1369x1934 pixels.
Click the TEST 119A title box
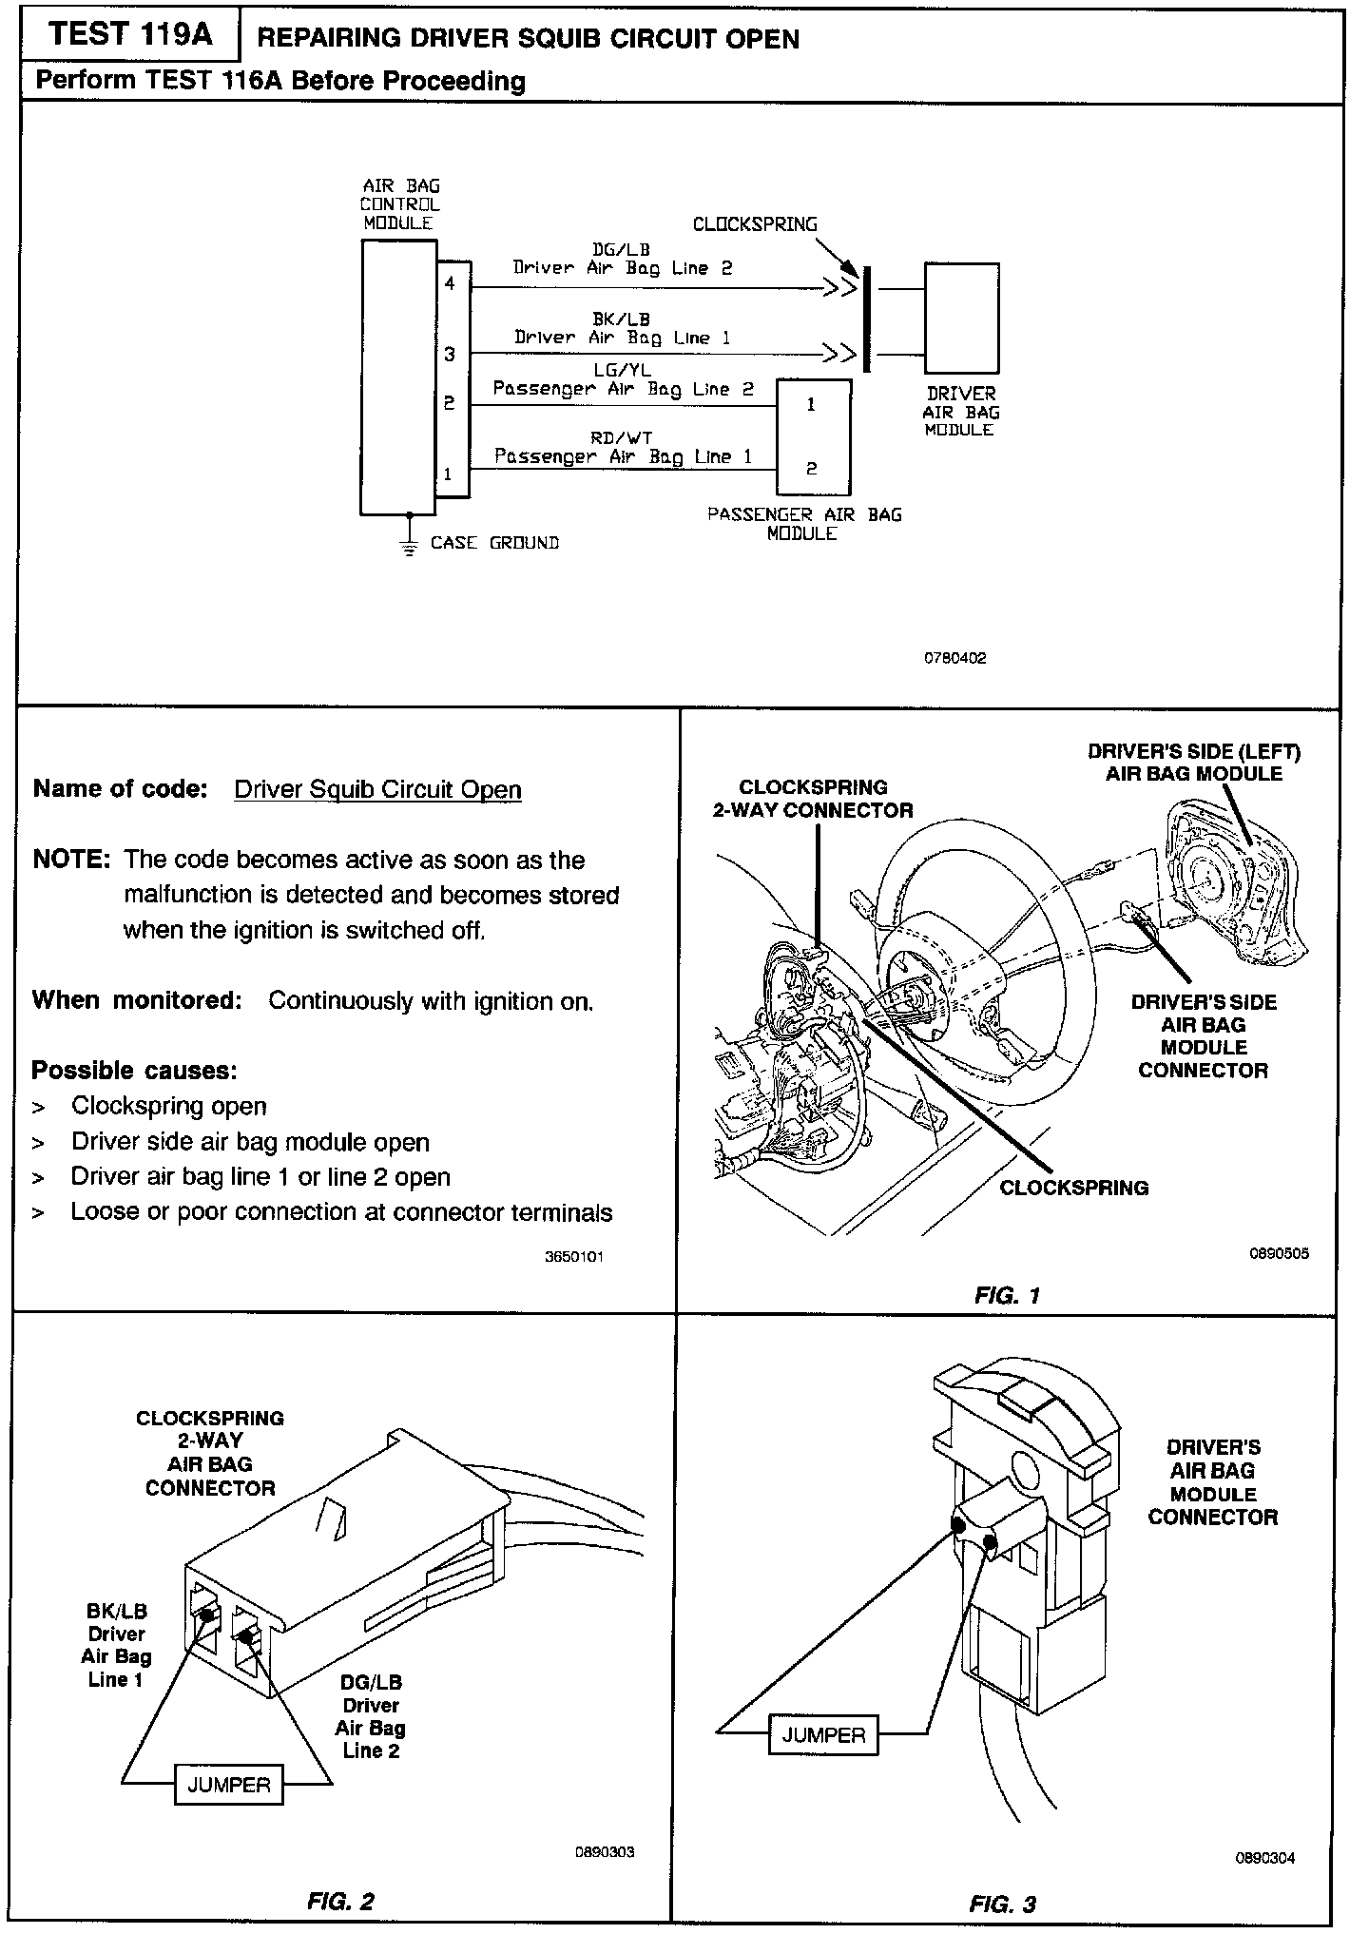pyautogui.click(x=130, y=35)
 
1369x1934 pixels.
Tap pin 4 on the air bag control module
pyautogui.click(x=450, y=283)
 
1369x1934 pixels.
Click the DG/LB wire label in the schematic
pyautogui.click(x=621, y=250)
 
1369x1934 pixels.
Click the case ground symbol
pyautogui.click(x=410, y=547)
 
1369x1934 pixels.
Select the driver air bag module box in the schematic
pyautogui.click(x=961, y=318)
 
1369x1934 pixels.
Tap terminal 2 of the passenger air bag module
pyautogui.click(x=811, y=469)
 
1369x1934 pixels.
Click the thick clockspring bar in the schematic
pyautogui.click(x=867, y=319)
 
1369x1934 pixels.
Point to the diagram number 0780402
pyautogui.click(x=955, y=658)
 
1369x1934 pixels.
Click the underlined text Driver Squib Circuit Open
pyautogui.click(x=377, y=790)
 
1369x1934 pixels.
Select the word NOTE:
pyautogui.click(x=72, y=860)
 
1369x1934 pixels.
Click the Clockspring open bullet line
pyautogui.click(x=168, y=1107)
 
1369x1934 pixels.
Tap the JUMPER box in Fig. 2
pyautogui.click(x=228, y=1785)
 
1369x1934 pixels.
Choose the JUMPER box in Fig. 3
pyautogui.click(x=823, y=1735)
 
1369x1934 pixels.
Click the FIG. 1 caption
pyautogui.click(x=1007, y=1295)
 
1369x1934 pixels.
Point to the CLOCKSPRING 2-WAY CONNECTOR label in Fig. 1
pyautogui.click(x=813, y=799)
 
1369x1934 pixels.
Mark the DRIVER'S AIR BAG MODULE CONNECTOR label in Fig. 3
pyautogui.click(x=1212, y=1482)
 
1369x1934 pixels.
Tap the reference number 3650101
pyautogui.click(x=574, y=1256)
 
